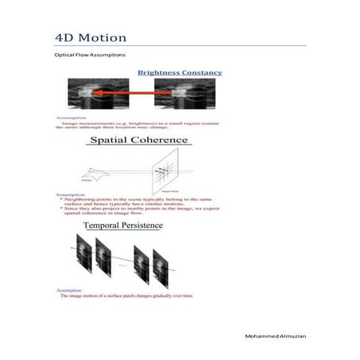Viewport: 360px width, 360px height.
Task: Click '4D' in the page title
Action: pyautogui.click(x=65, y=37)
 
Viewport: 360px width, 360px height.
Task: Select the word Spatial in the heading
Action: pyautogui.click(x=116, y=140)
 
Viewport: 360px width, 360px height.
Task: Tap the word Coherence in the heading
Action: pyautogui.click(x=163, y=140)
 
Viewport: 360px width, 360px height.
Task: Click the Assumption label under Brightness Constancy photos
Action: pyautogui.click(x=68, y=117)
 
